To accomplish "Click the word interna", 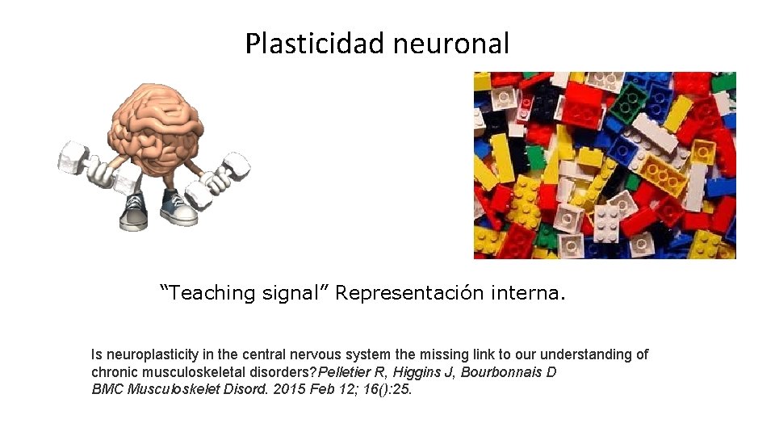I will (x=528, y=292).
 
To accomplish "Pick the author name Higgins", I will (x=419, y=372).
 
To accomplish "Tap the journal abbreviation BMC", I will (x=106, y=389).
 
